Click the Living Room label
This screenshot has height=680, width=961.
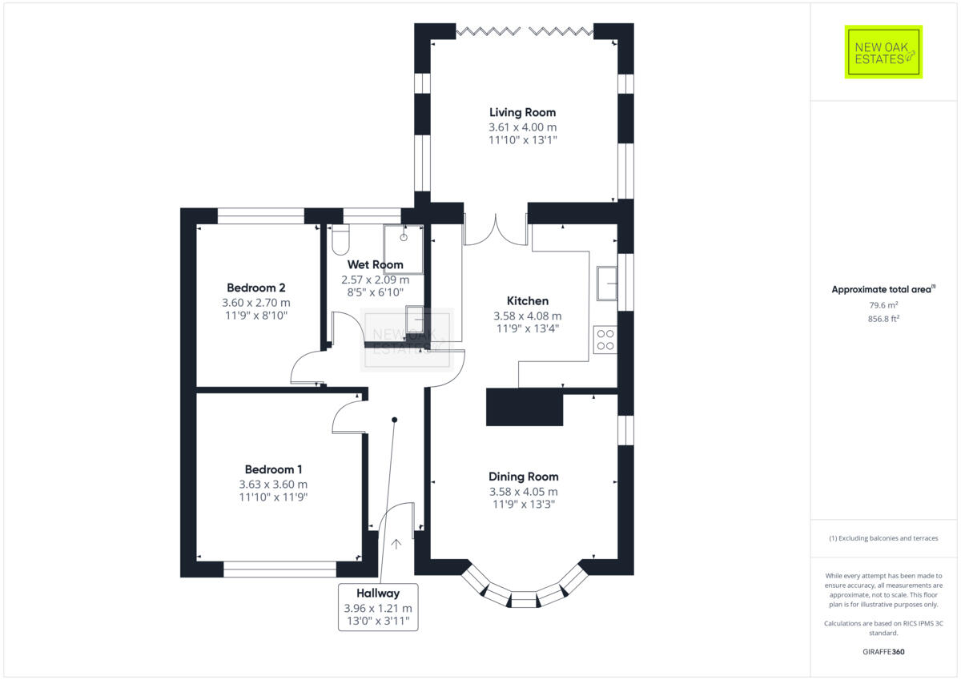(522, 113)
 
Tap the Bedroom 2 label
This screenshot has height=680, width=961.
(256, 288)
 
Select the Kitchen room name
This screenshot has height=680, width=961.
(527, 301)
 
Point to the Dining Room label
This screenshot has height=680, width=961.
(523, 477)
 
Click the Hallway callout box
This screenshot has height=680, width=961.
(378, 606)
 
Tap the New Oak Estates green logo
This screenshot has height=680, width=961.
(883, 52)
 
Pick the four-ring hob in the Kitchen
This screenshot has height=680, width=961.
(605, 340)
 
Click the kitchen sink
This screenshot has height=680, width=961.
(606, 282)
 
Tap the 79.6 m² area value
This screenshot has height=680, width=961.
(883, 304)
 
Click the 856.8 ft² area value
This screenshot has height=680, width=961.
(883, 318)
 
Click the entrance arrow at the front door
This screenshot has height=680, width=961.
(396, 544)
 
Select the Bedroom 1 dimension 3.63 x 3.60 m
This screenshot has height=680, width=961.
(273, 485)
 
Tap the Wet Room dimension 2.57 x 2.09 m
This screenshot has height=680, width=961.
(375, 280)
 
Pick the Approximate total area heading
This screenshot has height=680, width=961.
(883, 289)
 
